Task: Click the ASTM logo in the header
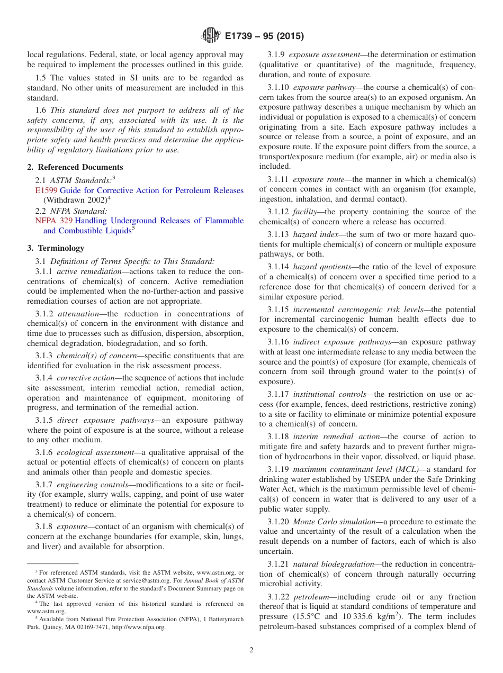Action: (211, 36)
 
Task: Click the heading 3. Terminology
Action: (56, 248)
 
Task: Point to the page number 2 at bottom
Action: (251, 650)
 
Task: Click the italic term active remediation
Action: (83, 271)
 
